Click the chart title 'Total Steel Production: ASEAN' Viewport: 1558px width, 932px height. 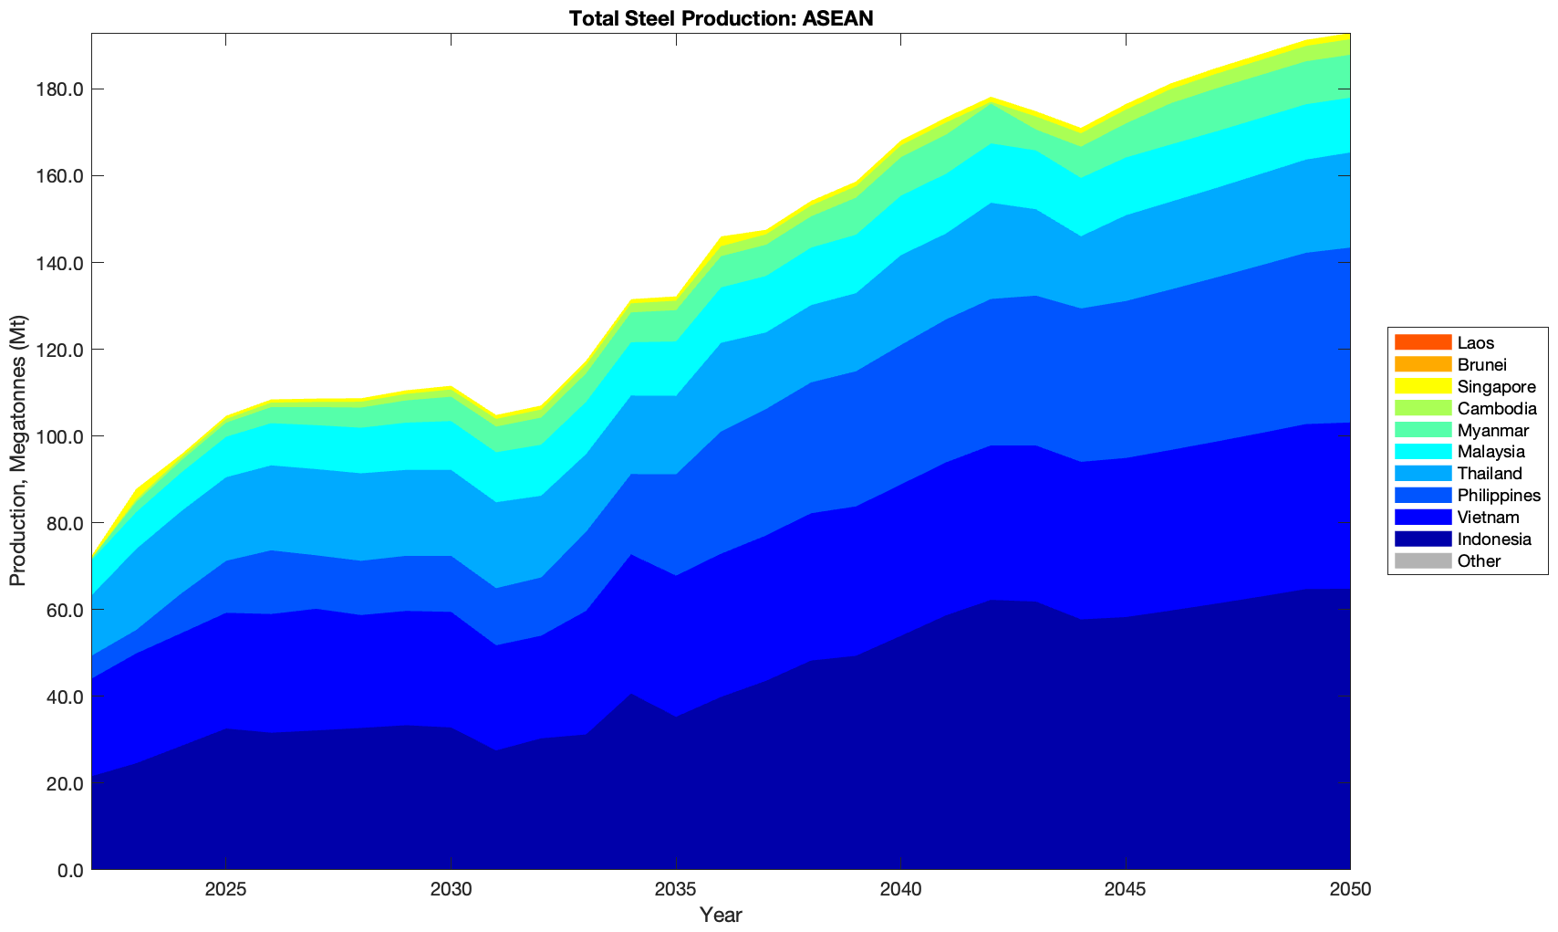[x=721, y=18]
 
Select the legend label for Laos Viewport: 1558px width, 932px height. [x=1476, y=343]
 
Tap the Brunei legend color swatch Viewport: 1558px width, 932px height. [x=1422, y=365]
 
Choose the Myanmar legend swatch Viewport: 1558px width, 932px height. [x=1422, y=430]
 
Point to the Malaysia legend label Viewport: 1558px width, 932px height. [x=1490, y=452]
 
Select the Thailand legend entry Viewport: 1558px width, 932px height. [x=1490, y=474]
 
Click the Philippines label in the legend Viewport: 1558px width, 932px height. [x=1499, y=496]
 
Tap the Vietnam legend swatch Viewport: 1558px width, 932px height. [x=1422, y=518]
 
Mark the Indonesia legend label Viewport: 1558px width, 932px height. [x=1494, y=539]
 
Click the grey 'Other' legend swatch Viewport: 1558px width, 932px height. [x=1422, y=561]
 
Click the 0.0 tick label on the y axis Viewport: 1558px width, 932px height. [x=69, y=870]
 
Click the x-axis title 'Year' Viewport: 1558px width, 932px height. [x=721, y=915]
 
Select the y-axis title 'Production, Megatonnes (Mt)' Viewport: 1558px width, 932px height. [x=18, y=451]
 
